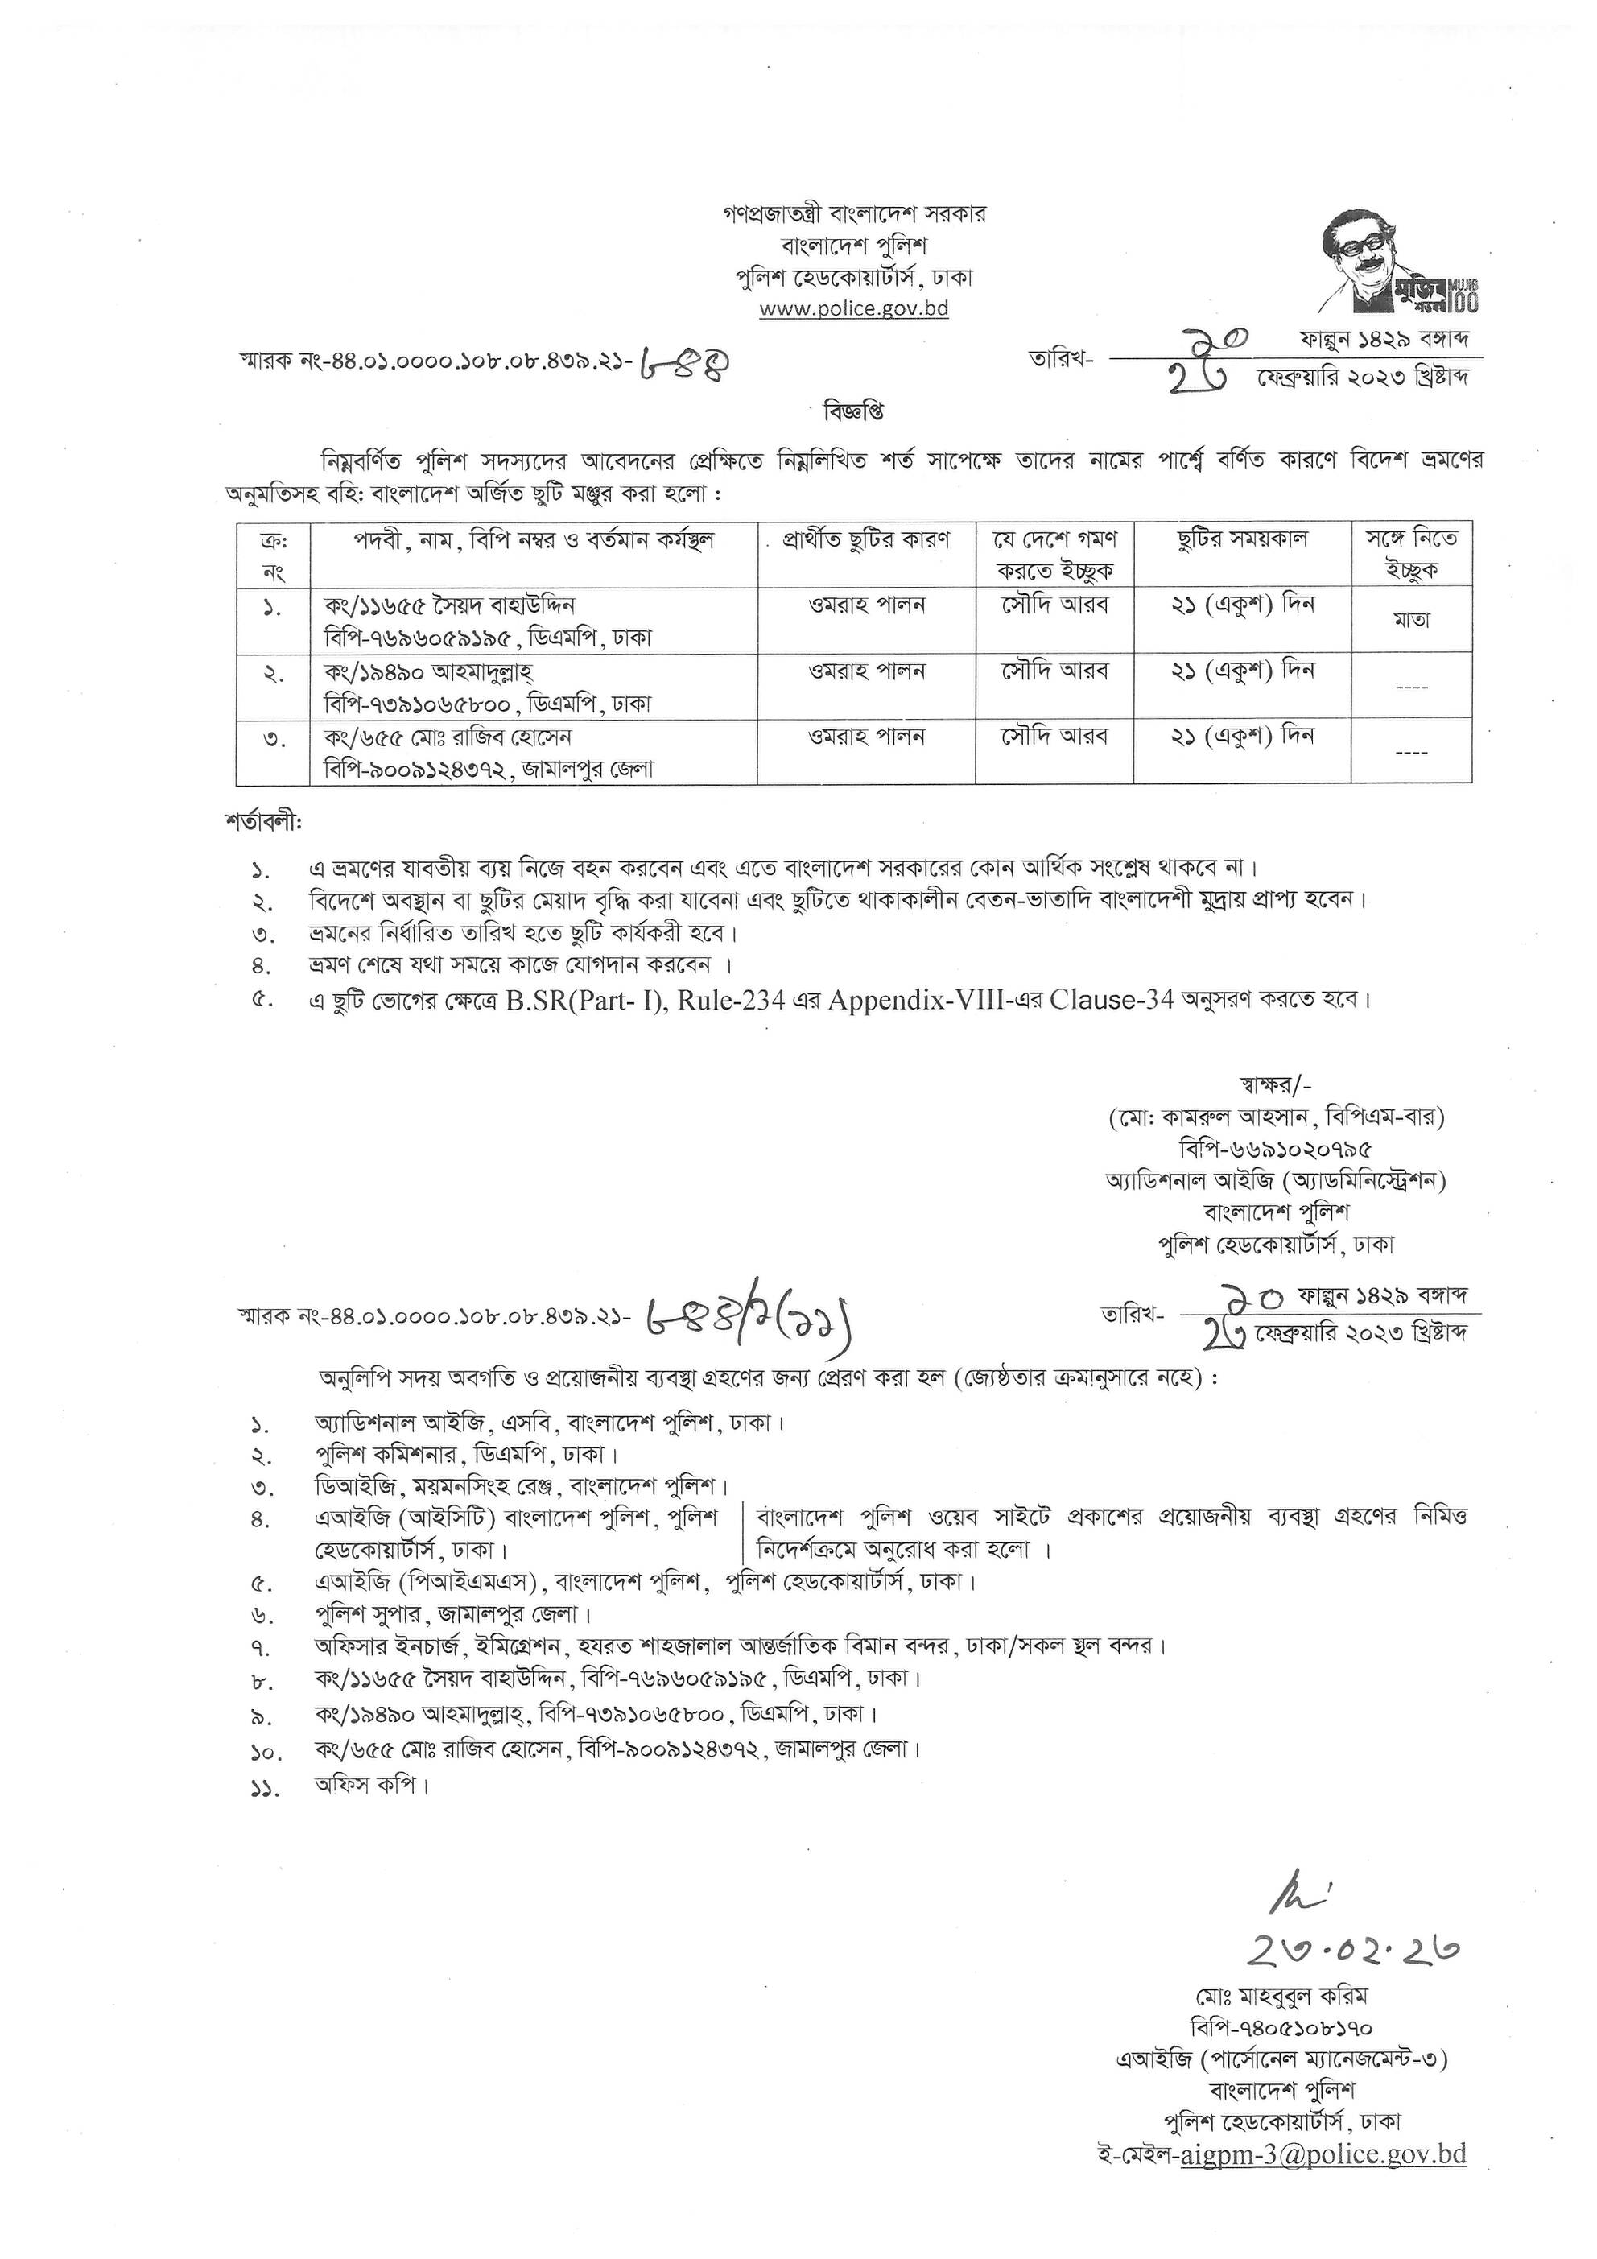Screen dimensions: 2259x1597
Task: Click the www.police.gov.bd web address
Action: [x=853, y=308]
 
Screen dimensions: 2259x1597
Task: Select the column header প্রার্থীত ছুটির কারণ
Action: [x=866, y=540]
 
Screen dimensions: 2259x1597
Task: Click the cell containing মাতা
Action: [x=1411, y=620]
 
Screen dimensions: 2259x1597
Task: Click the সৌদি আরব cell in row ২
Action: [x=1054, y=671]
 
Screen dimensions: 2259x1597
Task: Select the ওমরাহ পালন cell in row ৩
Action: [x=866, y=736]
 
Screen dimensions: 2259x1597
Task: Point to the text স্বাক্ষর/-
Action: [x=1275, y=1085]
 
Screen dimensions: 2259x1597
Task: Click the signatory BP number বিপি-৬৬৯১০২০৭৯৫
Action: [x=1275, y=1148]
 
